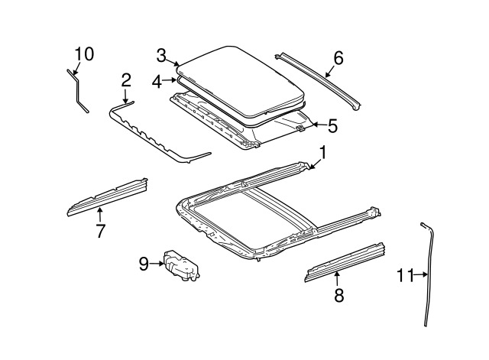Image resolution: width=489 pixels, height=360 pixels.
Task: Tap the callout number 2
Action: coord(126,80)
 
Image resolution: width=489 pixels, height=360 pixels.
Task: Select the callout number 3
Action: coord(161,55)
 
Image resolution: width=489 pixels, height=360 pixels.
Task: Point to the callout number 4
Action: coord(156,80)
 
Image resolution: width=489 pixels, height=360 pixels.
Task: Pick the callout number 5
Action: coord(332,124)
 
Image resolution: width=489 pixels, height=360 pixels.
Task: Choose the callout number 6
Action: coord(338,58)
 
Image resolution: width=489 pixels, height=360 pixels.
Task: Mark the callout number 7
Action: coord(100,230)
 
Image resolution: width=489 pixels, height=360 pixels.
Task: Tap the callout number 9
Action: coord(144,264)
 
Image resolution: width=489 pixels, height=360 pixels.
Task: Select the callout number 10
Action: coord(84,54)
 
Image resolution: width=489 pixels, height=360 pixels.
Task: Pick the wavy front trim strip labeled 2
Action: coord(153,134)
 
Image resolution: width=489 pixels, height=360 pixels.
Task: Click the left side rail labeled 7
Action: coord(107,198)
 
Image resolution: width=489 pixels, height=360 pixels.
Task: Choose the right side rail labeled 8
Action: coord(345,261)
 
